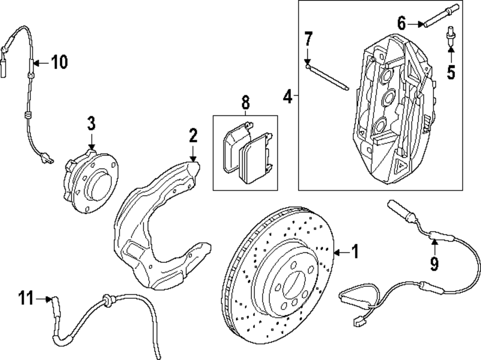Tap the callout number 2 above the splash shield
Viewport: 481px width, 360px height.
pos(193,136)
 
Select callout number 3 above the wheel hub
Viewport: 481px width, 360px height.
pos(91,123)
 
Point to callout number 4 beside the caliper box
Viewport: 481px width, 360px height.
pos(287,97)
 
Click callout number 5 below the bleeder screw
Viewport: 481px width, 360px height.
pos(451,72)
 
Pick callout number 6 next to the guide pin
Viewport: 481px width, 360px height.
pos(402,22)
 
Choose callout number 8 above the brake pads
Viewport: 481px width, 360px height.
pos(245,102)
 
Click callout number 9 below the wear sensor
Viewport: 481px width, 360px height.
pos(434,263)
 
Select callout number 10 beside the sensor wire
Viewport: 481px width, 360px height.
pos(59,62)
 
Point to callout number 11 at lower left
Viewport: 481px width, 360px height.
pos(26,298)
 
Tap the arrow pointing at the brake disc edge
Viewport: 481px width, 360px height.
pos(340,252)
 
